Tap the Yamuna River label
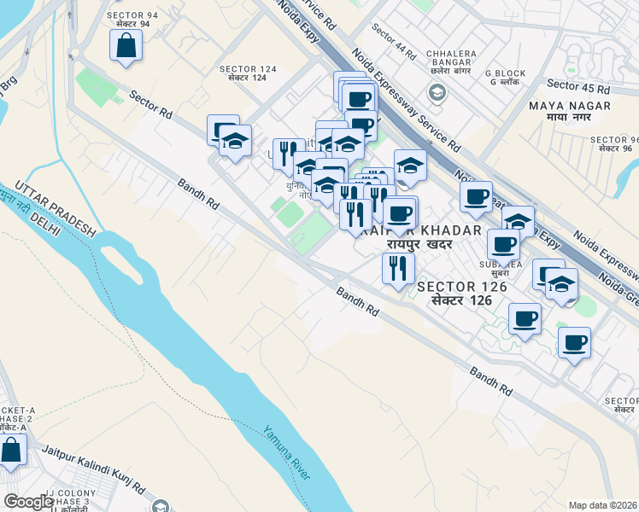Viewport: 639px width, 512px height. (x=286, y=453)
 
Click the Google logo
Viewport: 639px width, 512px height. (x=29, y=501)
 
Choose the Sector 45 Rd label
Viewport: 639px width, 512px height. (x=578, y=86)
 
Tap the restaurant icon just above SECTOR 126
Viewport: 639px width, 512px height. (x=397, y=268)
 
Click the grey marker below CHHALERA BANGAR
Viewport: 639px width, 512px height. (x=437, y=91)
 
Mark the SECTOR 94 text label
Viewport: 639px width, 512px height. (x=128, y=15)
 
